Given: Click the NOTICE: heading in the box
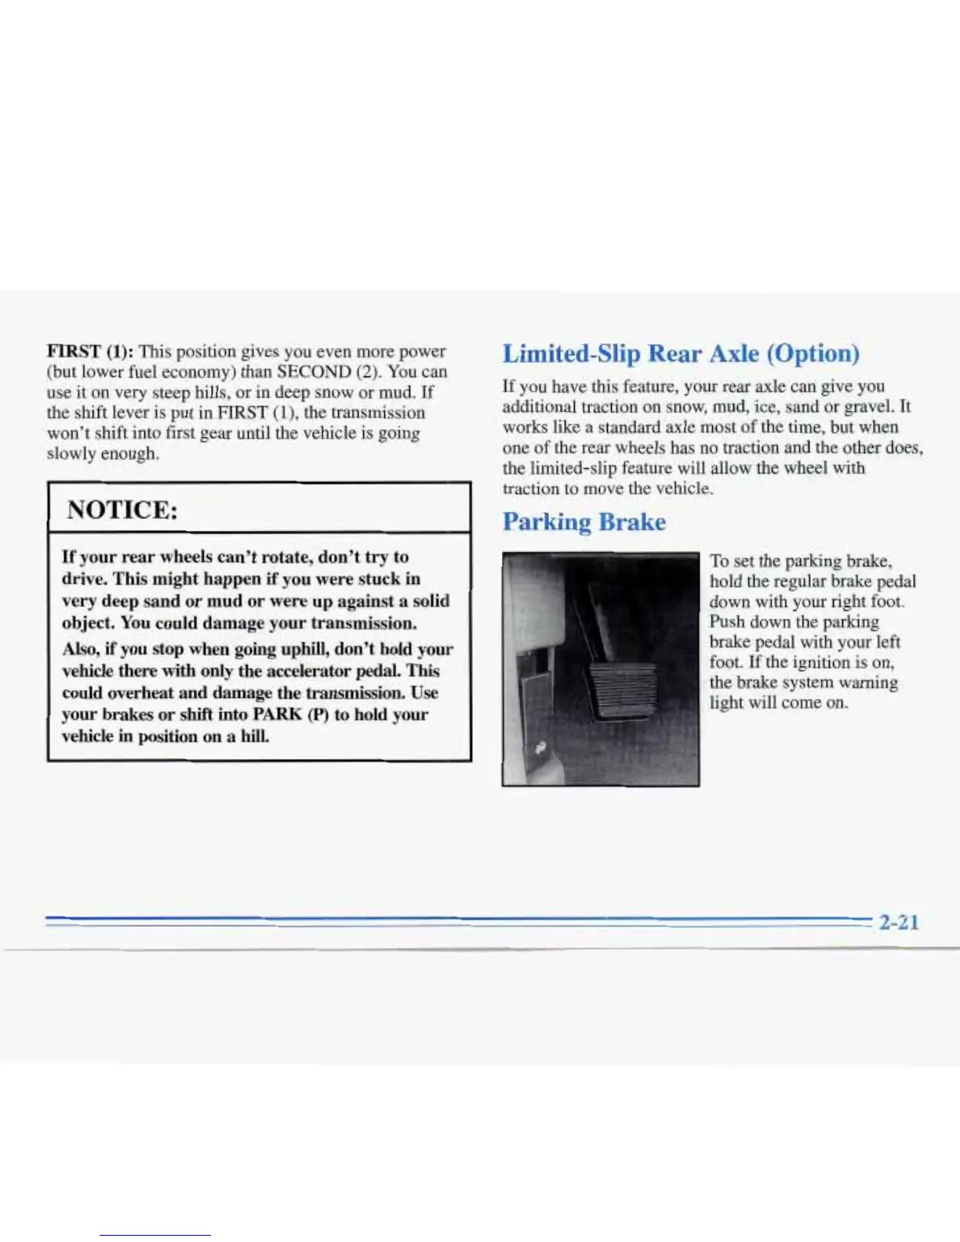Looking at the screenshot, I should pos(122,510).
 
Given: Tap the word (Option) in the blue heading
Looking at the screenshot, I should pos(813,354).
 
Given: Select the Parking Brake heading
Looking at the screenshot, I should pos(584,521).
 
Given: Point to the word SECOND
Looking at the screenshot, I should pos(314,372).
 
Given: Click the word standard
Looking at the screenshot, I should pos(630,427).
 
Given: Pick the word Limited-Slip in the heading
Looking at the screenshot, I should pos(571,354).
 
